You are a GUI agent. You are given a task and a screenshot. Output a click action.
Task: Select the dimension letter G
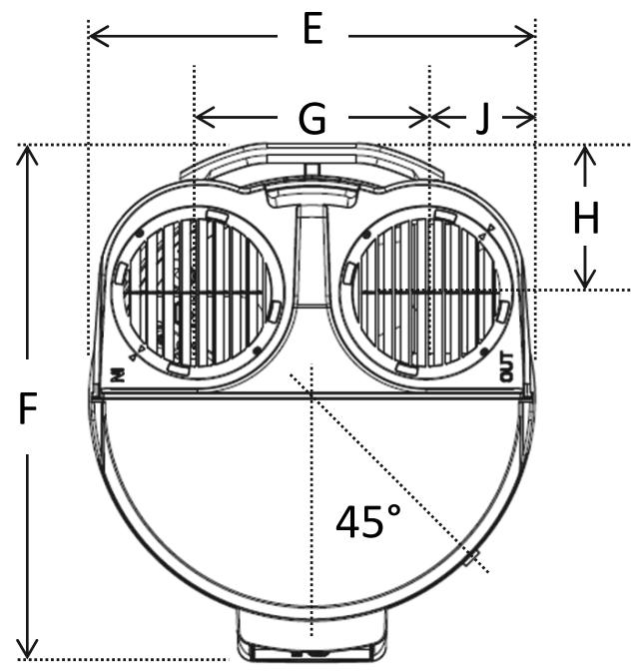(x=313, y=119)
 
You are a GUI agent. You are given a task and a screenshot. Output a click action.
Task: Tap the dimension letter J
(x=482, y=119)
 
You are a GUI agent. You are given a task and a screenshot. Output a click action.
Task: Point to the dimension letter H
(x=586, y=219)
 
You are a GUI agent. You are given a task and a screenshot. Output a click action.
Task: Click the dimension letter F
(x=29, y=409)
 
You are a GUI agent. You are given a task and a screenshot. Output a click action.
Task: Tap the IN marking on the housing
(x=118, y=372)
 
